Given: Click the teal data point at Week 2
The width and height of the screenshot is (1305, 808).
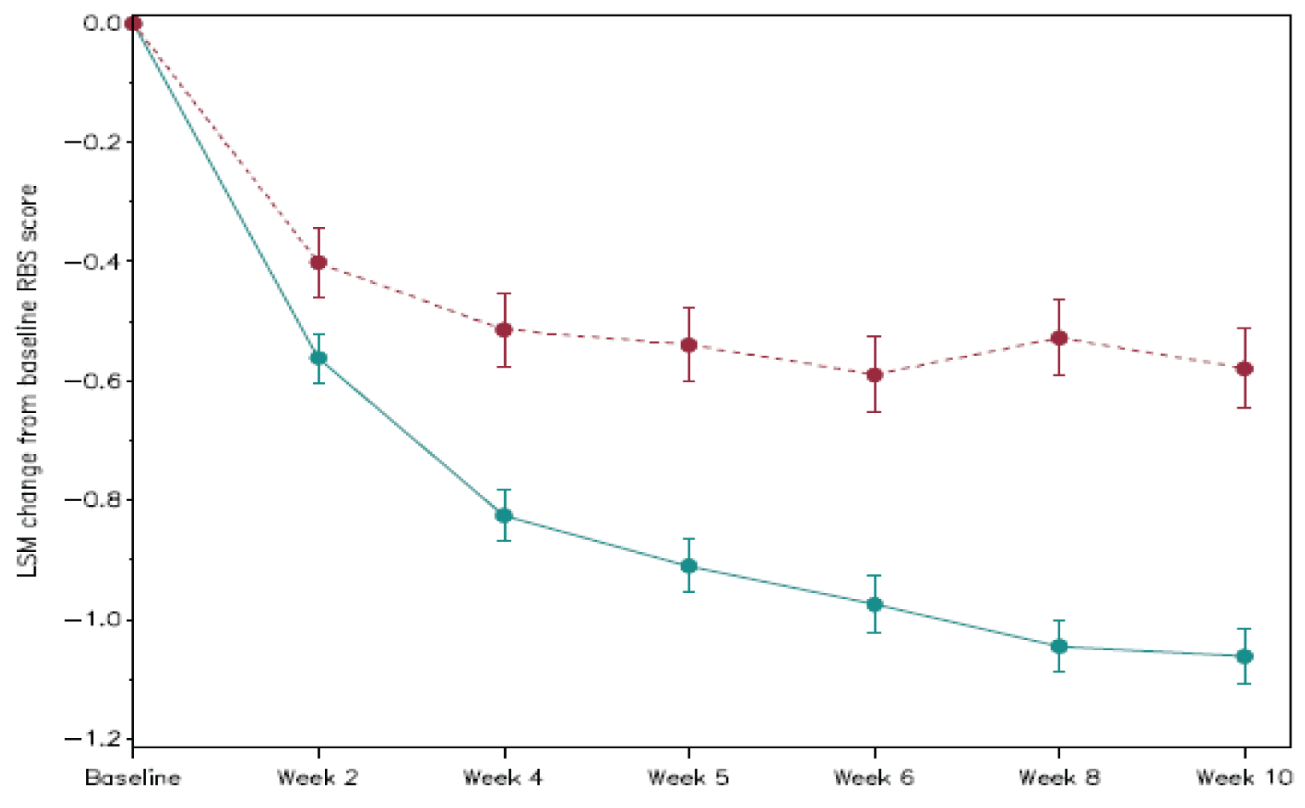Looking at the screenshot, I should [318, 357].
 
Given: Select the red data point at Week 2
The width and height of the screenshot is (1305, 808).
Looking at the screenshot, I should [318, 262].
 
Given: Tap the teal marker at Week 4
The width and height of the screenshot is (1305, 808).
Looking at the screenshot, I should [503, 515].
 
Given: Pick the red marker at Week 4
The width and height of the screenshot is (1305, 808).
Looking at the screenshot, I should [503, 329].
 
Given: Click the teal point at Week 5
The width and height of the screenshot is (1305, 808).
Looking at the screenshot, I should [688, 566].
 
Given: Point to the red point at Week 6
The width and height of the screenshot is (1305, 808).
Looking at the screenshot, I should [874, 375].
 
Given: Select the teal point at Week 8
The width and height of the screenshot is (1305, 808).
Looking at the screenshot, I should [1059, 646].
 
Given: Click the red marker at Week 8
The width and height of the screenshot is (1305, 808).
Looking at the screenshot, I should [1059, 338].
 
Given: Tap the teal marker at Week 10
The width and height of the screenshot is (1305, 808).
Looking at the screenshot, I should [1244, 656].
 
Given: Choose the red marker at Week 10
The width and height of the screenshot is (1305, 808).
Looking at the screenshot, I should [1244, 369].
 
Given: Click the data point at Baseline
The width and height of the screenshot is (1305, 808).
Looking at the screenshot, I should [133, 23].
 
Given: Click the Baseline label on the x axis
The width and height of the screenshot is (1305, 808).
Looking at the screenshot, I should [133, 778].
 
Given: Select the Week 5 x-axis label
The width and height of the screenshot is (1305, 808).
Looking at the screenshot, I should [688, 778].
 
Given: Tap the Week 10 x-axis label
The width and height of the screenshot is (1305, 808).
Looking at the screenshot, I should [1244, 778].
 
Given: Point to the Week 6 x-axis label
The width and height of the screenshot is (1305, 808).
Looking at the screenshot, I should [874, 778].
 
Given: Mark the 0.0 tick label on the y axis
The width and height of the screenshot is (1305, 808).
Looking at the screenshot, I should [101, 23].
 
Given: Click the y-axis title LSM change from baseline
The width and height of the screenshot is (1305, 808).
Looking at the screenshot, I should [28, 380].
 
